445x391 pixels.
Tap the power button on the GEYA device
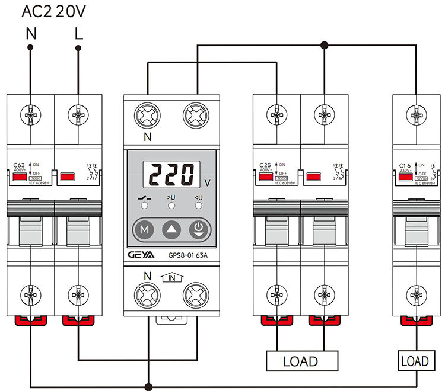tap(198, 230)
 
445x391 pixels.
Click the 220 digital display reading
tap(171, 175)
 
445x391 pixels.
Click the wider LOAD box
tap(301, 360)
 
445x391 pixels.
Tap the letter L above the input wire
tap(78, 34)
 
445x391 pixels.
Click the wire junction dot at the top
tap(324, 44)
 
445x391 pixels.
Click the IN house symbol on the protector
tap(171, 276)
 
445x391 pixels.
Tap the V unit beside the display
tap(206, 182)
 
